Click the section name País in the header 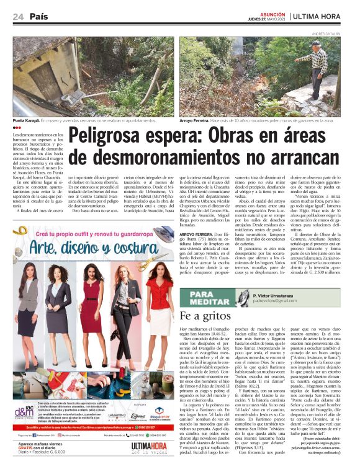pyautogui.click(x=38, y=17)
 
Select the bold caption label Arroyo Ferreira pyautogui.click(x=196, y=121)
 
